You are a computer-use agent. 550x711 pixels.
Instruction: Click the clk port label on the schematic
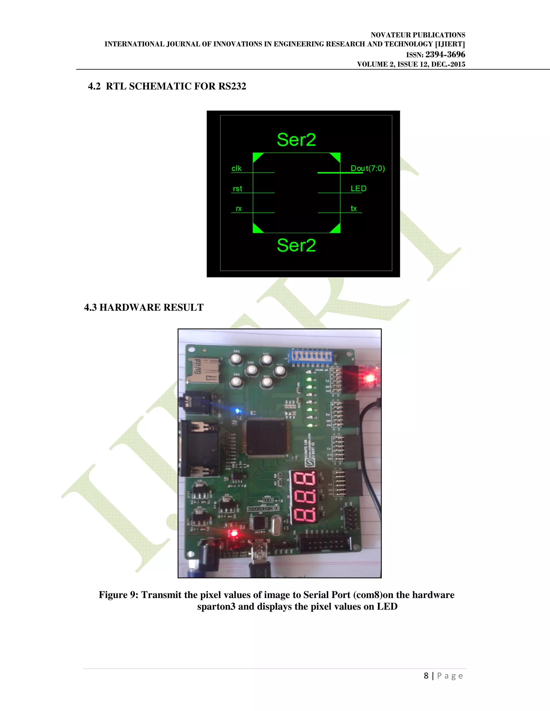[x=237, y=168]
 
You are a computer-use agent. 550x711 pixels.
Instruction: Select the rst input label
[x=237, y=189]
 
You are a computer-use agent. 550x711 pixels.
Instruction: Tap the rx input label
[x=238, y=209]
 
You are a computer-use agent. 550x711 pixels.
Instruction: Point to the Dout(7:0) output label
[x=368, y=168]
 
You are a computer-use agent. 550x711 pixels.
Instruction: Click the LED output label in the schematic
[x=359, y=189]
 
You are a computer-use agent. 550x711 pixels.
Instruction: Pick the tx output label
[x=353, y=209]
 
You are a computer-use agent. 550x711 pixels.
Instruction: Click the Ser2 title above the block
[x=296, y=140]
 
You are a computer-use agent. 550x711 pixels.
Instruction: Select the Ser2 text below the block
[x=296, y=245]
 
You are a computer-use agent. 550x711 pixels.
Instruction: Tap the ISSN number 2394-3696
[x=445, y=54]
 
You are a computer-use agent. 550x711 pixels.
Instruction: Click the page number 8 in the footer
[x=426, y=676]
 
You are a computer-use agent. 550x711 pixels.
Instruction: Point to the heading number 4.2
[x=94, y=86]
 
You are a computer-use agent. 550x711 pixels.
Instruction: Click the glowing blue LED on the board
[x=237, y=411]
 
